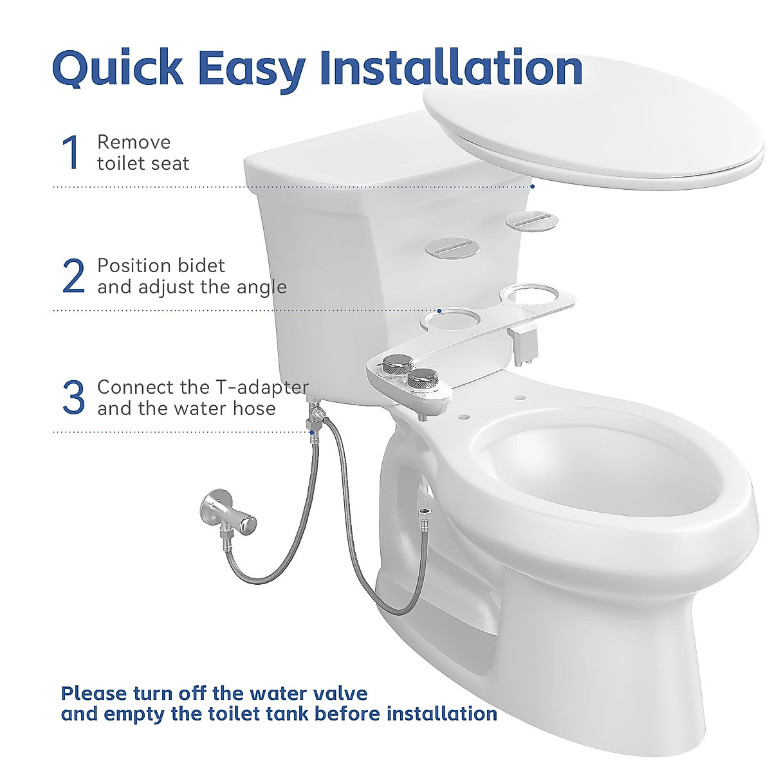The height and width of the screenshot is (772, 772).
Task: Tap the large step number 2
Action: [73, 276]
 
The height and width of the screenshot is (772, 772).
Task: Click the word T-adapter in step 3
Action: [261, 387]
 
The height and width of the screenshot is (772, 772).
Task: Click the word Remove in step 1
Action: [134, 142]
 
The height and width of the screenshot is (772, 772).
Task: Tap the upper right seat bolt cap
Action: [531, 219]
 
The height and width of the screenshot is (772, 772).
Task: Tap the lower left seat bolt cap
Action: [452, 248]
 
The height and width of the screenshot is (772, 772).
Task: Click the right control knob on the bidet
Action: [423, 379]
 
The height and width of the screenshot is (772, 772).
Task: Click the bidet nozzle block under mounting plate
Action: [526, 342]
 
